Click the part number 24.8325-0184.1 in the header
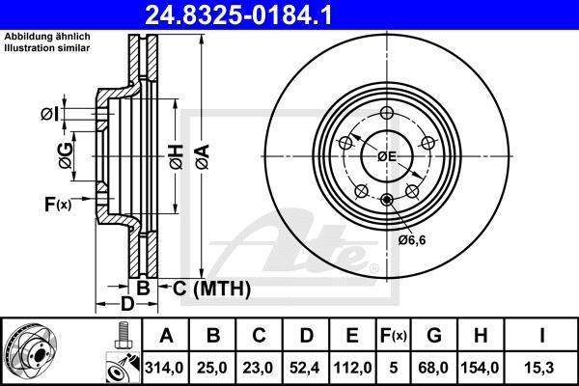pyautogui.click(x=238, y=14)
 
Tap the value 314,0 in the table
pyautogui.click(x=164, y=368)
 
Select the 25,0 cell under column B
pyautogui.click(x=212, y=368)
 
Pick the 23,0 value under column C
pyautogui.click(x=258, y=368)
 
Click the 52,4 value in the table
pyautogui.click(x=304, y=368)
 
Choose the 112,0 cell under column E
pyautogui.click(x=352, y=368)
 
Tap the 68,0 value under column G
pyautogui.click(x=433, y=368)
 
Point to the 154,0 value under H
pyautogui.click(x=480, y=368)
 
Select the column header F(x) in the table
pyautogui.click(x=394, y=336)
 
